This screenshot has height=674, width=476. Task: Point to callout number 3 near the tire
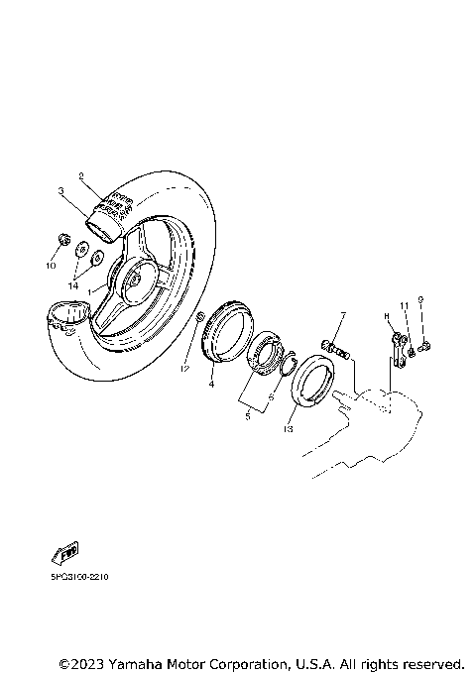click(60, 191)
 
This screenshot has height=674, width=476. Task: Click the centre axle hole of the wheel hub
click(132, 281)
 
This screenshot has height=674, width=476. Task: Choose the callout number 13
click(289, 430)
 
